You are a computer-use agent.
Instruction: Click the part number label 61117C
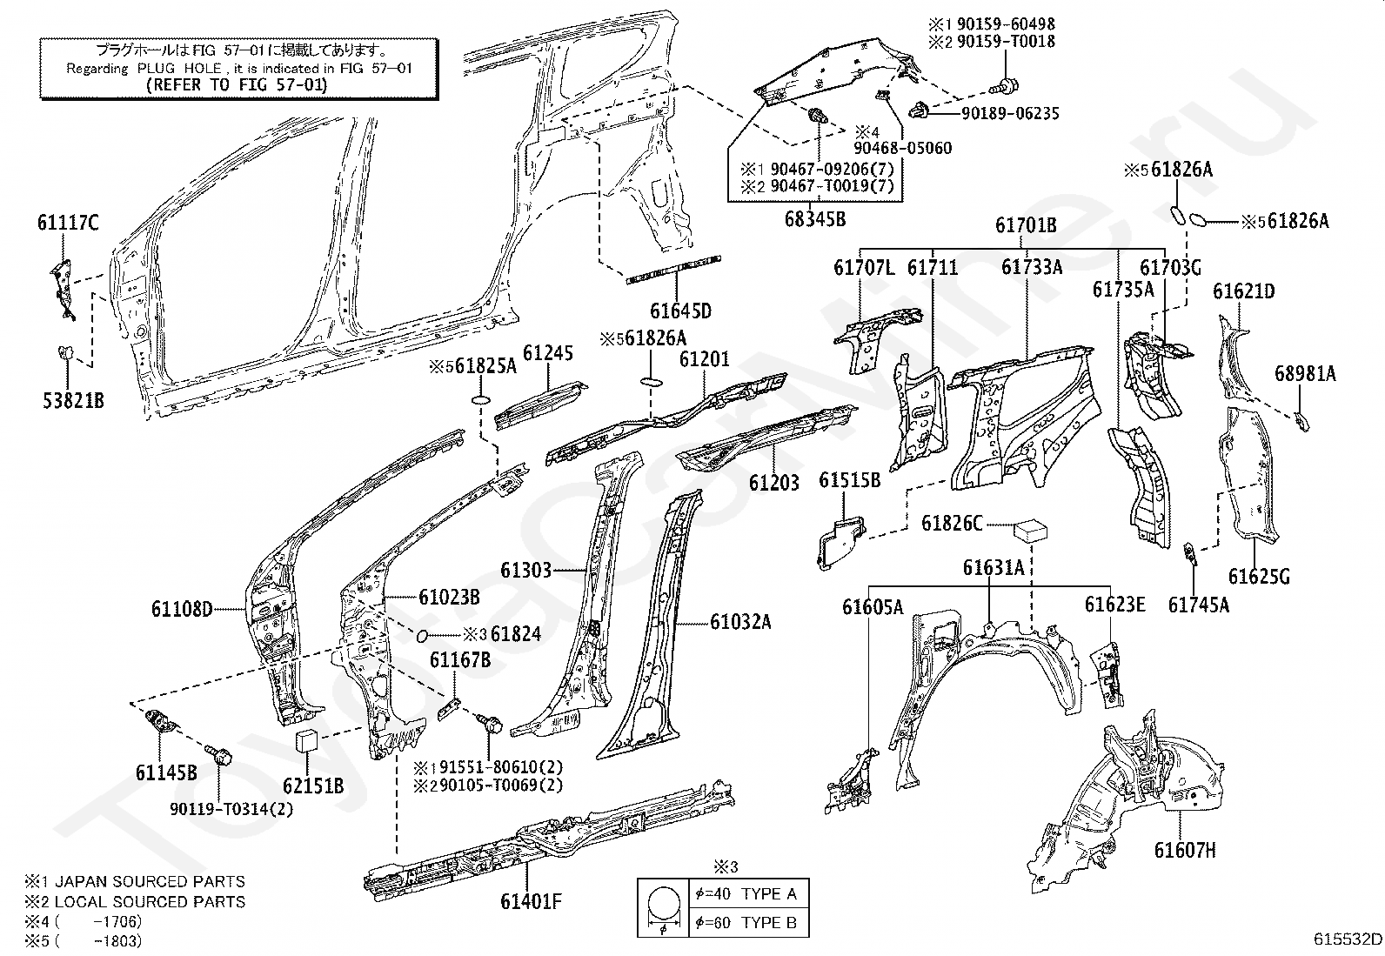pyautogui.click(x=68, y=224)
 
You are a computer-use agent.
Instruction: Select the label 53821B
pyautogui.click(x=73, y=400)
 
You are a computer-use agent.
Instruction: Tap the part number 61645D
pyautogui.click(x=680, y=311)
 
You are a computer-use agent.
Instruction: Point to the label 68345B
pyautogui.click(x=814, y=218)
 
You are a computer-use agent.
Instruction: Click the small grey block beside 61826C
pyautogui.click(x=1030, y=529)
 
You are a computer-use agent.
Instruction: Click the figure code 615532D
pyautogui.click(x=1348, y=939)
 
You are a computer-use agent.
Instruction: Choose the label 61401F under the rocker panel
pyautogui.click(x=532, y=901)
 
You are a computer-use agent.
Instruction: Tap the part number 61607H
pyautogui.click(x=1185, y=850)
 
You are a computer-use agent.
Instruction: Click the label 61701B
pyautogui.click(x=1026, y=225)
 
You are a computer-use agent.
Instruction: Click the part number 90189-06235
pyautogui.click(x=1010, y=113)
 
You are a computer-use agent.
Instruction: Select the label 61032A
pyautogui.click(x=740, y=622)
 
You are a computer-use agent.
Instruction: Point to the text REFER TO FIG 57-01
pyautogui.click(x=237, y=84)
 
